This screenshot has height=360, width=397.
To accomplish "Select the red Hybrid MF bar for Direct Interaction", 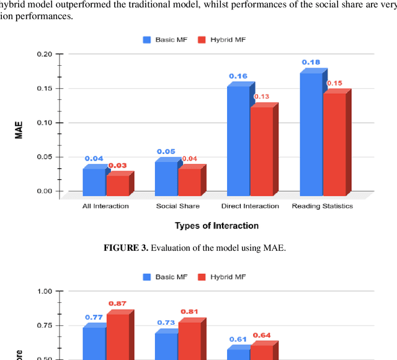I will click(261, 150).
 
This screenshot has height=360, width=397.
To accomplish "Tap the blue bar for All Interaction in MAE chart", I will click(94, 180).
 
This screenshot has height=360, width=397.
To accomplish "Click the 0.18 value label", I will click(310, 62).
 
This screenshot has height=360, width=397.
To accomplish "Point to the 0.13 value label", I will click(262, 96).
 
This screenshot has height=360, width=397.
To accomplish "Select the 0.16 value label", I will click(238, 76).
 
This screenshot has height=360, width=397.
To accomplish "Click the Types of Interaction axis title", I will click(216, 226).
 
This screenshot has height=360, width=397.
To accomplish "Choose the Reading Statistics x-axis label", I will click(322, 206).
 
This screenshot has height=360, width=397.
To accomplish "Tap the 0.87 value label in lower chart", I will click(117, 304).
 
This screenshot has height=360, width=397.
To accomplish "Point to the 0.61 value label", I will click(238, 340).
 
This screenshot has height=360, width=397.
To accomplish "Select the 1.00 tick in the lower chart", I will click(43, 291).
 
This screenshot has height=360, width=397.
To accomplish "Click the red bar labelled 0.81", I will click(189, 340).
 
